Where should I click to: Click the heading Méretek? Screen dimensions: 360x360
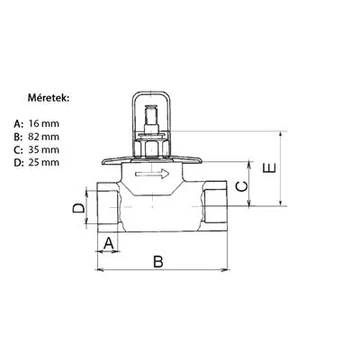pos(49,98)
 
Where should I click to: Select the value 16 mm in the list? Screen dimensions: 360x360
pos(44,124)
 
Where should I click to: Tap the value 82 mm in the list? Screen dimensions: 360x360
pos(44,137)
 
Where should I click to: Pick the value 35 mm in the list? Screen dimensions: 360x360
pos(44,150)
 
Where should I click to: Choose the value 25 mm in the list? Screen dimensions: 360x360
pos(44,162)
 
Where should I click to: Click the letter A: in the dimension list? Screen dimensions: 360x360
pos(19,124)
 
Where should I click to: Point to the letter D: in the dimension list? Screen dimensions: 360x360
pos(19,162)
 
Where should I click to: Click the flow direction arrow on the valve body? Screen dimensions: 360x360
pos(152,174)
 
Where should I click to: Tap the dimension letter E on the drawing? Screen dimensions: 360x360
pos(269,168)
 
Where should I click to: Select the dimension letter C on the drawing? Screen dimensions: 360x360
pos(242,187)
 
